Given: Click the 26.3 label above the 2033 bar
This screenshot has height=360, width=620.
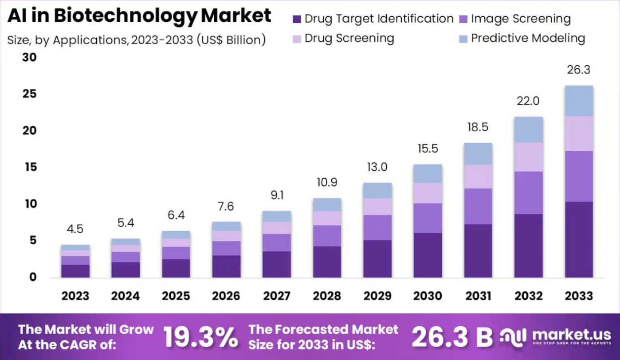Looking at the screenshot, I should [579, 70].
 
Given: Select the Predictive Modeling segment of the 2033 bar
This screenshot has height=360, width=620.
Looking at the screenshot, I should [579, 101].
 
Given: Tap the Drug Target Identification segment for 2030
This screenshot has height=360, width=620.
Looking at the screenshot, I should [428, 255].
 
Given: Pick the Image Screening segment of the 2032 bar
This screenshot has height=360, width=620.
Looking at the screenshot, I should [528, 192].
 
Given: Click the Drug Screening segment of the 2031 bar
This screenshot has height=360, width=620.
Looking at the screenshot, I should [478, 176].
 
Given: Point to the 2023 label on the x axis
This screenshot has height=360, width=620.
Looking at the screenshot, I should [76, 296].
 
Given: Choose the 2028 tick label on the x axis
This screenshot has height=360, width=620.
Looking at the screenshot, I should [327, 296].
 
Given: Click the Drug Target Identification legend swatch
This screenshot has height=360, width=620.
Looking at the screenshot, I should [297, 20].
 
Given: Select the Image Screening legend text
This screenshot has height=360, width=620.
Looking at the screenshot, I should [521, 19].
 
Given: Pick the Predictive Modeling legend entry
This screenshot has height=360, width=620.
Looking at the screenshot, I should [528, 38].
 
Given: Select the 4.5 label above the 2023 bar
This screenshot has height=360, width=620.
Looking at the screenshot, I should [75, 229].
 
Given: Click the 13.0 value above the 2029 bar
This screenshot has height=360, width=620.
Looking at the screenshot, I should [377, 167].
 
